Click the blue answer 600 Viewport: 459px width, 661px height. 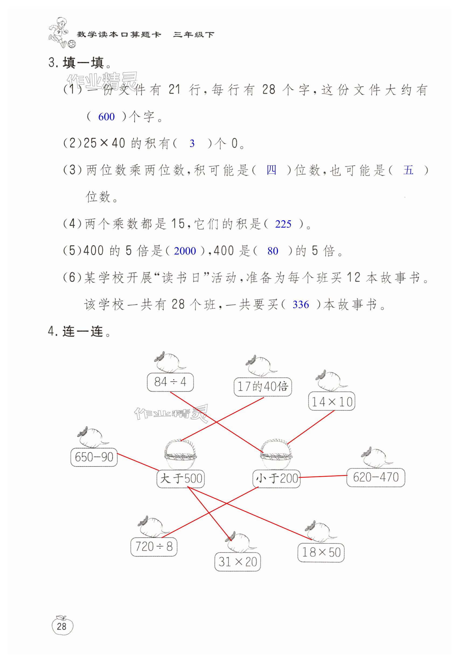106,117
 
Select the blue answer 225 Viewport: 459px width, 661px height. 283,224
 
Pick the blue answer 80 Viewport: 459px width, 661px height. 273,251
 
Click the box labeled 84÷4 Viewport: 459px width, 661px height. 170,382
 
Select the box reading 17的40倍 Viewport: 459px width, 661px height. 263,387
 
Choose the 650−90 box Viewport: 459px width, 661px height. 94,457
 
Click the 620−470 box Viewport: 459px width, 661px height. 375,478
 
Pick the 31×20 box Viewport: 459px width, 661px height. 238,562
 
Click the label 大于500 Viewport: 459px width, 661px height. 180,479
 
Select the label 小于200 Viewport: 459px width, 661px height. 276,479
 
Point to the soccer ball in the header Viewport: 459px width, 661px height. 72,44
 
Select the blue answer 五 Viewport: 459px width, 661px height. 408,170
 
